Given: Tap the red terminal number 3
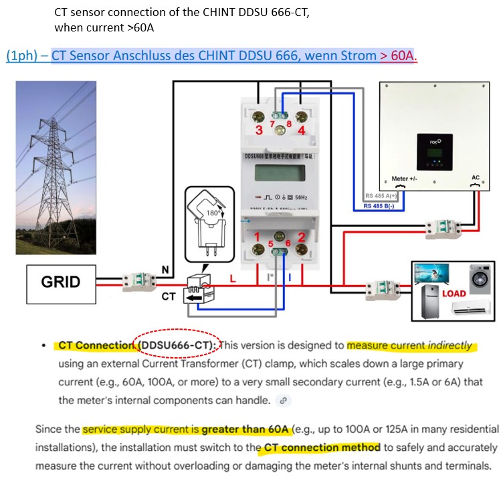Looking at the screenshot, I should (x=260, y=130).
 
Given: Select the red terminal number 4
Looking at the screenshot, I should (x=301, y=130).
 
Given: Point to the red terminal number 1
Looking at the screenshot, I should (x=256, y=236).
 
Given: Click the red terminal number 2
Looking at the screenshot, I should (x=302, y=236).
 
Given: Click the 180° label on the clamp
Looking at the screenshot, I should (x=213, y=213).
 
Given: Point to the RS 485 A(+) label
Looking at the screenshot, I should (x=381, y=195).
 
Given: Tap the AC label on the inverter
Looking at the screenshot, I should (x=476, y=178).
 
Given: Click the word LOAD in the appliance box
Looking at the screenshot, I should (x=454, y=293).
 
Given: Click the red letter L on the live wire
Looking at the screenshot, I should (x=233, y=279).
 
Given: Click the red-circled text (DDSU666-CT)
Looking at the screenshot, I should (x=177, y=345).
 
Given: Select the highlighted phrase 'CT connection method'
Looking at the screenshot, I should (x=322, y=447).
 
